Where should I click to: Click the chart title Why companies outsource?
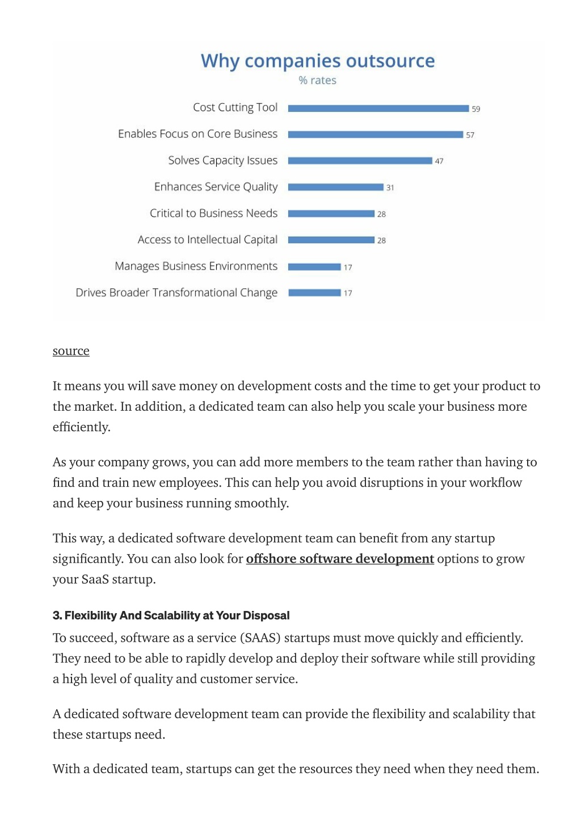coord(318,61)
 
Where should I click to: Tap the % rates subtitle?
coord(318,81)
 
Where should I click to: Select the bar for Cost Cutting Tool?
coord(378,108)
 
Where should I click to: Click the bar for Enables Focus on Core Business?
coord(376,134)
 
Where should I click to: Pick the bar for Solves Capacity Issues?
coord(360,161)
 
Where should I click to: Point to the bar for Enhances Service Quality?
coord(336,187)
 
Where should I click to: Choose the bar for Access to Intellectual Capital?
coord(331,240)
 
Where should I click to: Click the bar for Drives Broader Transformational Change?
coord(314,293)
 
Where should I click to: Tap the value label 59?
coord(476,109)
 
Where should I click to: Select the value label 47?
coord(439,161)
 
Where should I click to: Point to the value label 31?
coord(390,188)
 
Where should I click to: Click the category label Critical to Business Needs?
coord(213,213)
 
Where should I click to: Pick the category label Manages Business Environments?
coord(196,266)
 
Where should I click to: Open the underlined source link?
coord(71,351)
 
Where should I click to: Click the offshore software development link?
coord(340,559)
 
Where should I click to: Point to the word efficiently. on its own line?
coord(82,427)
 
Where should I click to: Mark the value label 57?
coord(470,135)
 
